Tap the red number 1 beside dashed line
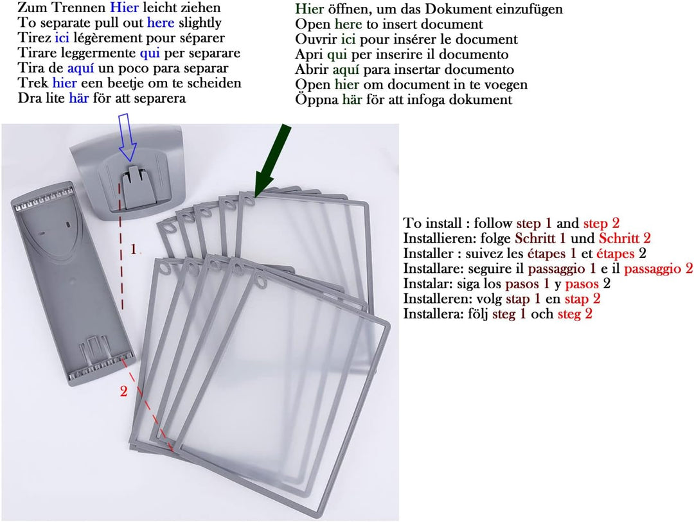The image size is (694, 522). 133,250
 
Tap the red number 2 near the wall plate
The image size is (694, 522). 123,391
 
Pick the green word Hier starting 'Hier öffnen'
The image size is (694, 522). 309,9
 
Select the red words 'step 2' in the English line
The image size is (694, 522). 601,223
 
